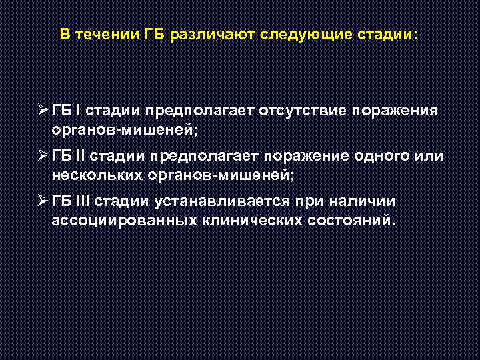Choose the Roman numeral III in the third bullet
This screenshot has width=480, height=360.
click(83, 201)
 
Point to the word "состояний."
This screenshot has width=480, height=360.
click(352, 220)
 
